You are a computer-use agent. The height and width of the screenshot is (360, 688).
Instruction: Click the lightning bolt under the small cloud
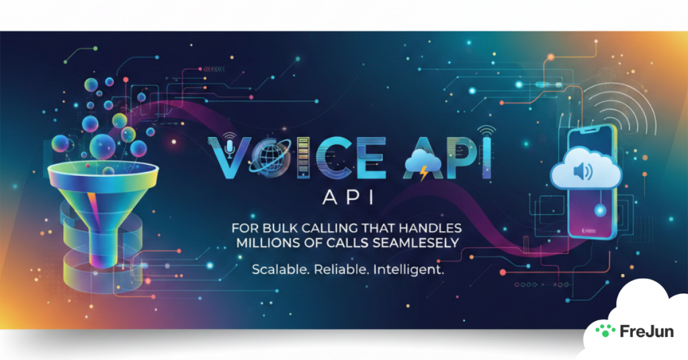click(423, 176)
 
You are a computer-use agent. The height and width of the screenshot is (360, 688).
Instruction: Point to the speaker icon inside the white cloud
click(582, 173)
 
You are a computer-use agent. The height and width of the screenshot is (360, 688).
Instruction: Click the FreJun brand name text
click(646, 331)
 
